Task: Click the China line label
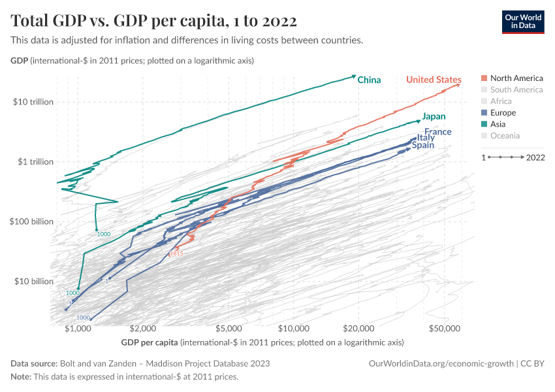click(369, 80)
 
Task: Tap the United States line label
click(434, 80)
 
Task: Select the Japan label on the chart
click(434, 116)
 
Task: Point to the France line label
click(437, 132)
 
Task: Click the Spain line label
click(422, 145)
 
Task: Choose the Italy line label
click(426, 139)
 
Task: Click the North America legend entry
click(516, 78)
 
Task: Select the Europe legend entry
click(503, 113)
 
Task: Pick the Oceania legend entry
click(505, 136)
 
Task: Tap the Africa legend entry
click(501, 101)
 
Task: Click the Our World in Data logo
click(522, 22)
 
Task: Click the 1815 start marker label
click(176, 253)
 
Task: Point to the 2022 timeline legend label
click(535, 157)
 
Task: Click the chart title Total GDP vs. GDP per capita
click(154, 22)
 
